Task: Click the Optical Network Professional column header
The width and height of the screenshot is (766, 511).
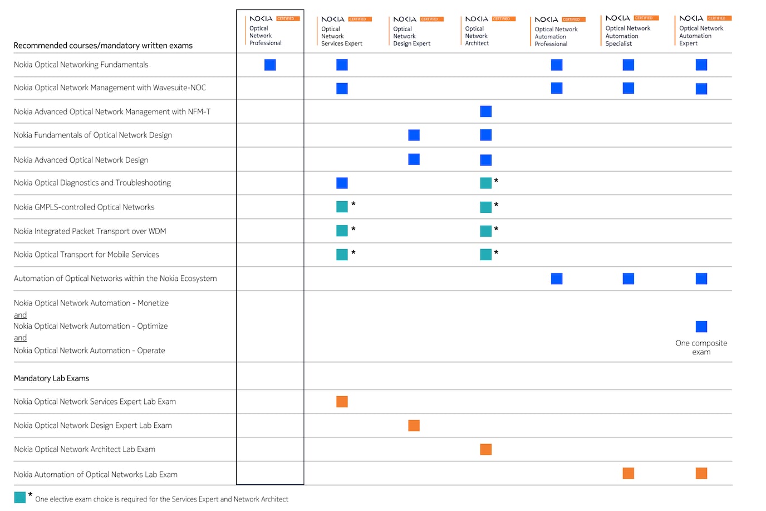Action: (x=265, y=35)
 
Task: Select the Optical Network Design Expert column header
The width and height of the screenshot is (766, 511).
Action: (x=411, y=36)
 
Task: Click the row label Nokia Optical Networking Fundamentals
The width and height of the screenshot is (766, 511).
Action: (x=81, y=65)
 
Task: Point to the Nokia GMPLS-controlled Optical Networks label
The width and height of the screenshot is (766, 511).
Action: (x=84, y=207)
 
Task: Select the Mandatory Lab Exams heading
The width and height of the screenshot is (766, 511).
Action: (x=51, y=378)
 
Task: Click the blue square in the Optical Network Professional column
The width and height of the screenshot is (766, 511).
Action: (x=270, y=65)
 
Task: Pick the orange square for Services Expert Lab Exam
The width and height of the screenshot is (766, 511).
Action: (x=342, y=402)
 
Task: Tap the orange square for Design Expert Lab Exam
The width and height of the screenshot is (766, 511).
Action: (x=414, y=426)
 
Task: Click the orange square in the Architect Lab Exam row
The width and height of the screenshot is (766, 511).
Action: (x=486, y=450)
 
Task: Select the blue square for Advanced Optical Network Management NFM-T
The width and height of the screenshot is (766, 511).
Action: (x=486, y=111)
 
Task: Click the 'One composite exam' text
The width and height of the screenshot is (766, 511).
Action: (x=701, y=347)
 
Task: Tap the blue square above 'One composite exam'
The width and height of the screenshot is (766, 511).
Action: (x=701, y=327)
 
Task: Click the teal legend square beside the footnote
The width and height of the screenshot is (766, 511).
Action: (x=20, y=497)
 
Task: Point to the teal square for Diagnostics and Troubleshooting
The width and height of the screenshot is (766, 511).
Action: (x=486, y=183)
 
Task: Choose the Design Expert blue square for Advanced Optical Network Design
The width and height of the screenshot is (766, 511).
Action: (x=414, y=159)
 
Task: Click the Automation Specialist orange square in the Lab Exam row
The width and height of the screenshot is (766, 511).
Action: (x=628, y=474)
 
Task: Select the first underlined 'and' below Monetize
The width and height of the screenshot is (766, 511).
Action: (x=21, y=315)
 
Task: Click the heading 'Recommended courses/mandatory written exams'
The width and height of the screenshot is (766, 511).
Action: (x=103, y=46)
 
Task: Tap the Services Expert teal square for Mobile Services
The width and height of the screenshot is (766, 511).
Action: (x=342, y=255)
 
